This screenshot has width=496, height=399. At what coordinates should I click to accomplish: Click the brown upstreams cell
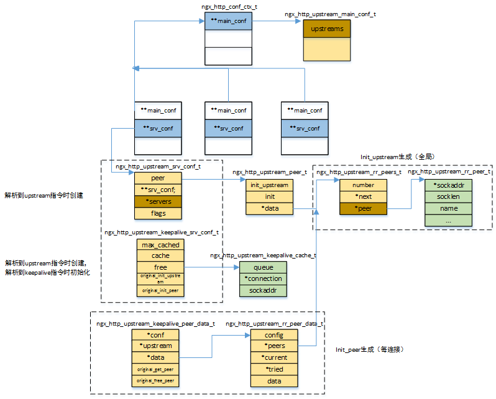(327, 29)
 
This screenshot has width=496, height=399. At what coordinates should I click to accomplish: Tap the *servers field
(158, 201)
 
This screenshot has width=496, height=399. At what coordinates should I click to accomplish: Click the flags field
(158, 213)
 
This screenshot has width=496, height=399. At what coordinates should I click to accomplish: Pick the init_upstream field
(269, 185)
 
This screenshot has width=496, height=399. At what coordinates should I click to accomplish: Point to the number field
(363, 185)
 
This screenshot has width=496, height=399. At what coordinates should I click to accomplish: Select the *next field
(363, 196)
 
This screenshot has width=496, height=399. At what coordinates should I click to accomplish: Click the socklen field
(448, 196)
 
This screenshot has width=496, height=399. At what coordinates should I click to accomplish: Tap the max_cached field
(160, 245)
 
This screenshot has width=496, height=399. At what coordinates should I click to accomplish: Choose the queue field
(264, 267)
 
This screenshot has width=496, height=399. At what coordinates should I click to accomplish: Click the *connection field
(264, 278)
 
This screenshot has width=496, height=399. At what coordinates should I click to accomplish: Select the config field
(274, 335)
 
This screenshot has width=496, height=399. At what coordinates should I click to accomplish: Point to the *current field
(274, 357)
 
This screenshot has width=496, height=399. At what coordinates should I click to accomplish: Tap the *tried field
(274, 369)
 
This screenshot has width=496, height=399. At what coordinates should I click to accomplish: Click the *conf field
(155, 335)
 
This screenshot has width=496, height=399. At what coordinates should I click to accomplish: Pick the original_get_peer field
(155, 369)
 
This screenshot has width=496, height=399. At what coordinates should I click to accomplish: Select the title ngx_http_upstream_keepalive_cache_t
(263, 255)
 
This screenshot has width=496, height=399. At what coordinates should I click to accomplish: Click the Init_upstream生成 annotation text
(392, 158)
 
